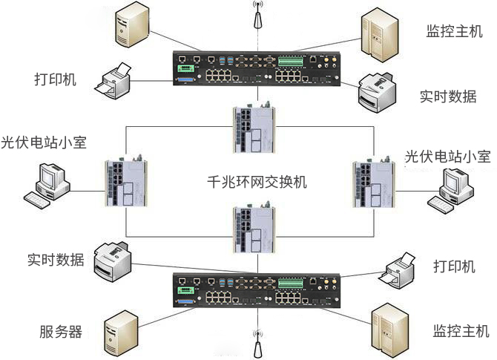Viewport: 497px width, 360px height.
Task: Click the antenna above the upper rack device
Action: tap(257, 19)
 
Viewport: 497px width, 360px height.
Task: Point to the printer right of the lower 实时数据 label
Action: tap(113, 260)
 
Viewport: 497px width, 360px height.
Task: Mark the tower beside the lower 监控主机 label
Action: tap(390, 326)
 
